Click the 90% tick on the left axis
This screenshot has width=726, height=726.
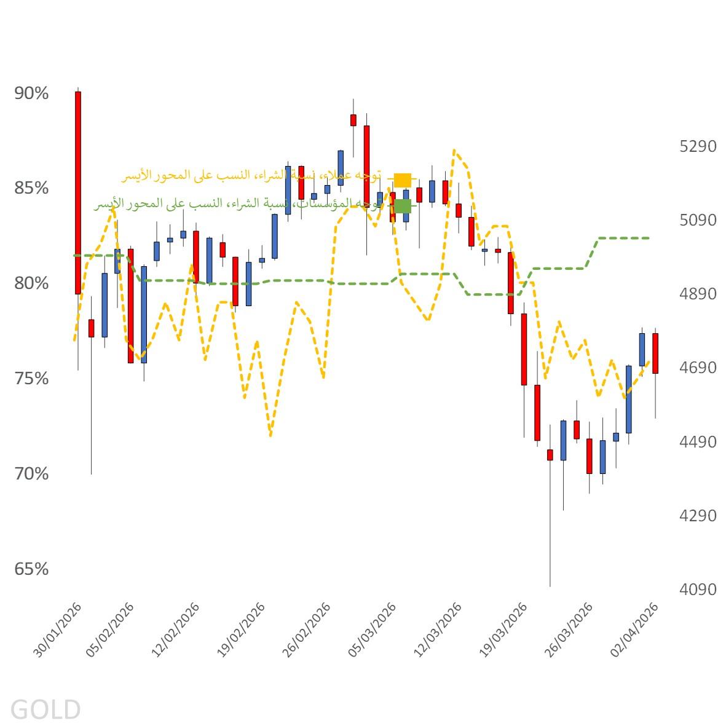31,93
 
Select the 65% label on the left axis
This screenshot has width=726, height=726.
31,569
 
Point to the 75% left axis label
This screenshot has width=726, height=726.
31,379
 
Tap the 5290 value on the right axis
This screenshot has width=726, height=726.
698,146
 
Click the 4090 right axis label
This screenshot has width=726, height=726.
698,590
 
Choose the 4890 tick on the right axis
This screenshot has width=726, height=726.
698,294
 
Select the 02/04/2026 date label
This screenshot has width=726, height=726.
635,630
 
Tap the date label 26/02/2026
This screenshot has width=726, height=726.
307,630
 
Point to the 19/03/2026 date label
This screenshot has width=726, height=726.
503,630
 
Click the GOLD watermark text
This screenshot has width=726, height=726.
45,709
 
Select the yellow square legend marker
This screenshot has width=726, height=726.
403,180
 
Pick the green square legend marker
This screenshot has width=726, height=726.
403,206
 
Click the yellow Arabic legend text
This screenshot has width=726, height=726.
252,176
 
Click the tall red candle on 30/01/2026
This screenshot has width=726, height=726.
78,192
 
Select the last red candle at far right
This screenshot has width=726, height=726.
655,353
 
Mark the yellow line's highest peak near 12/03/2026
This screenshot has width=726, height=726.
454,149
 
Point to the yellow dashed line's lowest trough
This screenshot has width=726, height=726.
270,435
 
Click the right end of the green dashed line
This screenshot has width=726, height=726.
649,238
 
